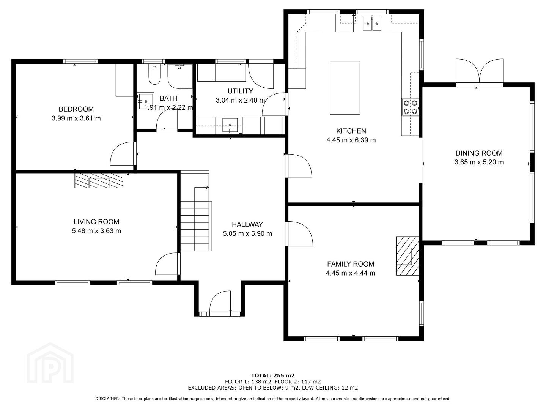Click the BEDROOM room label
pyautogui.click(x=76, y=109)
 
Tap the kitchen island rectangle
pyautogui.click(x=345, y=88)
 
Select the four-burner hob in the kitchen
pyautogui.click(x=410, y=107)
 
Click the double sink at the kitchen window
pyautogui.click(x=372, y=24)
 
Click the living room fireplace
pyautogui.click(x=99, y=181)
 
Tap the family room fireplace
pyautogui.click(x=408, y=256)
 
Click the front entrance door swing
pyautogui.click(x=220, y=301)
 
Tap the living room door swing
pyautogui.click(x=167, y=264)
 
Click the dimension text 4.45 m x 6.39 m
pyautogui.click(x=351, y=140)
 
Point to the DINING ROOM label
pyautogui.click(x=479, y=153)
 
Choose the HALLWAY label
pyautogui.click(x=247, y=224)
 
